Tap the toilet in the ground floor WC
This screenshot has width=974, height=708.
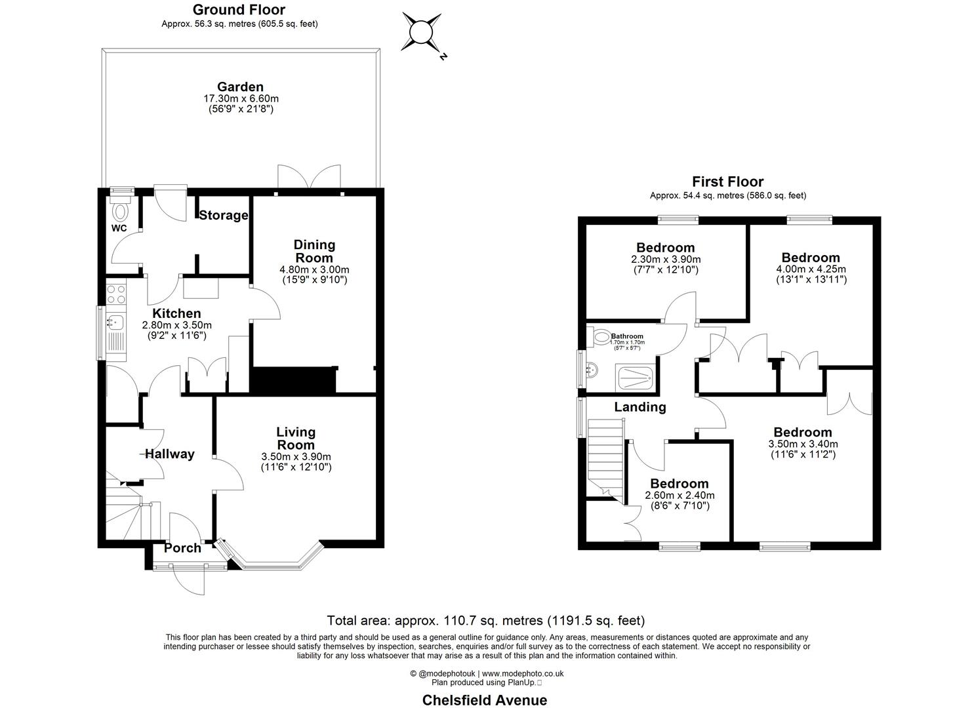[120, 211]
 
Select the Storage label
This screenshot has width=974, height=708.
[224, 215]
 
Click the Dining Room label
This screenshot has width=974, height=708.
[314, 251]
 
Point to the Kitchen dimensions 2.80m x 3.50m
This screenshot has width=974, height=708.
[177, 325]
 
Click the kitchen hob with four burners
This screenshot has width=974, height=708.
[116, 293]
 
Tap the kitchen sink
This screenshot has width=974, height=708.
[115, 322]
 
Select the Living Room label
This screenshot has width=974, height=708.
[296, 438]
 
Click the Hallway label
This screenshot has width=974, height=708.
[169, 454]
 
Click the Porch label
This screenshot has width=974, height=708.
[182, 548]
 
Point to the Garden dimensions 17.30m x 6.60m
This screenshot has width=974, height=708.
[241, 98]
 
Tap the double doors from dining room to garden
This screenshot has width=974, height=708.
[309, 177]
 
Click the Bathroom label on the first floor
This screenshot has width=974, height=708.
[627, 336]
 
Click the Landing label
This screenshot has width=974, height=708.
[639, 407]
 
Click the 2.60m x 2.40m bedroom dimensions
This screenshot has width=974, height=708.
[680, 496]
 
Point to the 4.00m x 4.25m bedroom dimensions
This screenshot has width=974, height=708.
[811, 269]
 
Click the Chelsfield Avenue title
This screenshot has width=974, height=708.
[484, 699]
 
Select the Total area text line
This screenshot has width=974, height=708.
[485, 620]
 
